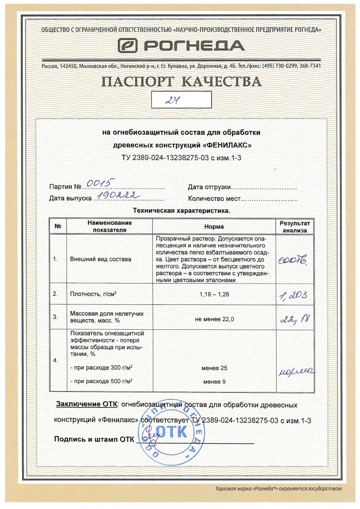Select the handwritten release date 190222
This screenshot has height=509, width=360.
[115, 196]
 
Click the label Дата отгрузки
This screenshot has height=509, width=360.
[209, 187]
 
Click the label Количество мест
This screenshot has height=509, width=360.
[214, 199]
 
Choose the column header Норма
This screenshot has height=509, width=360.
[214, 226]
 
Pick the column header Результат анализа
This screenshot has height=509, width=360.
[295, 226]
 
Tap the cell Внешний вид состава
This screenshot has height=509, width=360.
[101, 259]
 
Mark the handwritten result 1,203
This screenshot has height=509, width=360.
[293, 296]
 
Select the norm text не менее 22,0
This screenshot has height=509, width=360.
[214, 319]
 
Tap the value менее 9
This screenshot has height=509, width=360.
[214, 382]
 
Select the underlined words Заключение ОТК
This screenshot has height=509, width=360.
[87, 404]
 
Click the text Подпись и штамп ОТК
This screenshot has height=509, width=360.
[94, 439]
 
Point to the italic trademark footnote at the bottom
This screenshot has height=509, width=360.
[277, 489]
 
